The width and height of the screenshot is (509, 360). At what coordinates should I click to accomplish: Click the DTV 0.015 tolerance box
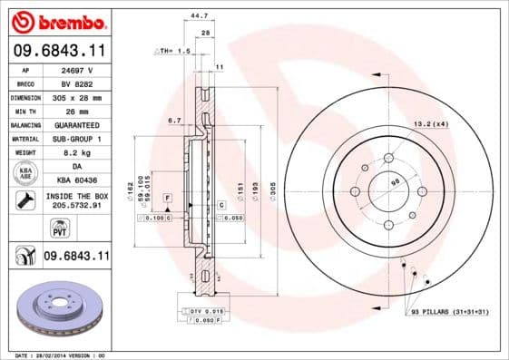208,311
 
